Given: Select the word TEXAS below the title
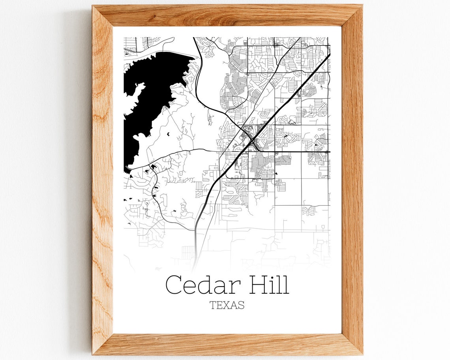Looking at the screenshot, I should pos(227,305).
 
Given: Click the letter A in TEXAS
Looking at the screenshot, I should pos(233,305).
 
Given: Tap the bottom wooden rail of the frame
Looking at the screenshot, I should pos(227,344).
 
